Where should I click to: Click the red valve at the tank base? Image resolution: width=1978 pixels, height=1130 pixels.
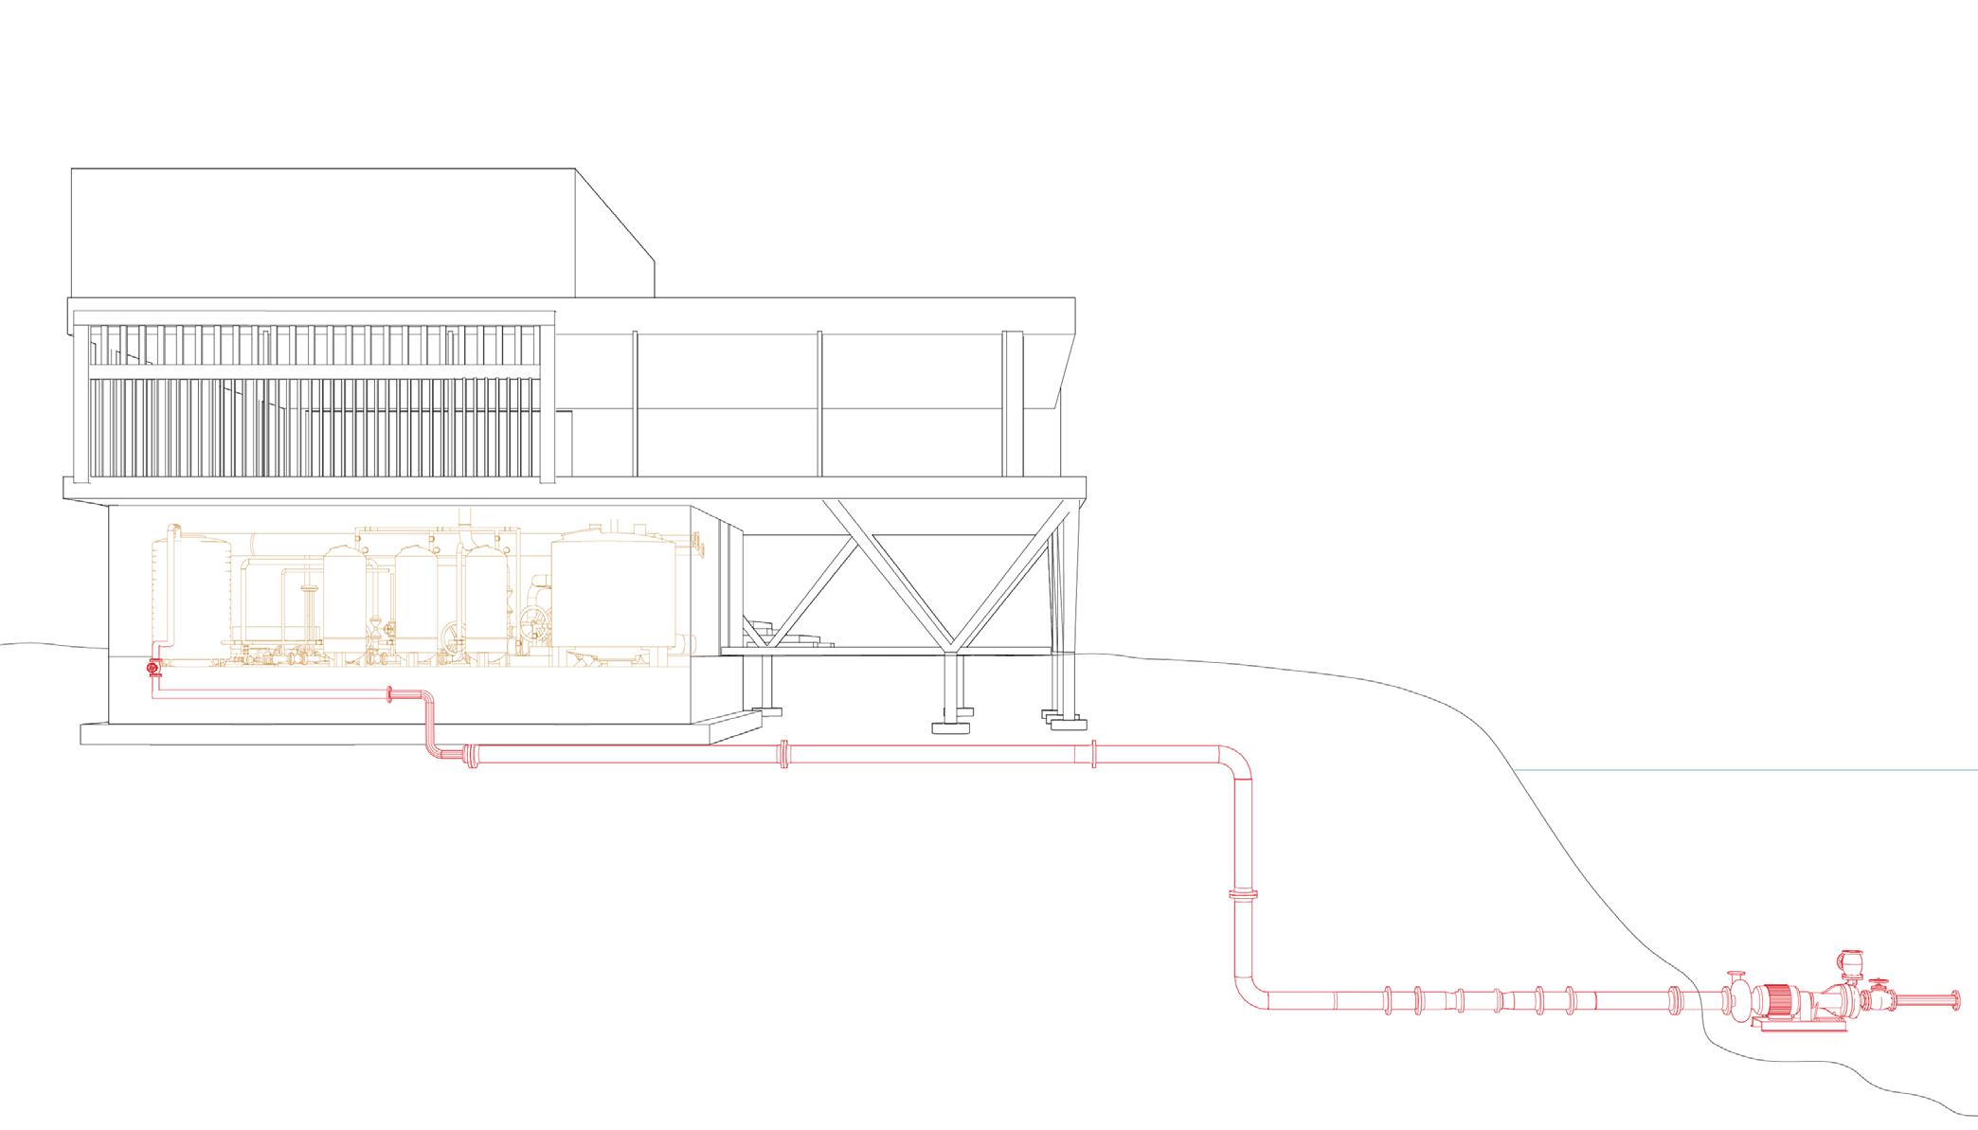[153, 668]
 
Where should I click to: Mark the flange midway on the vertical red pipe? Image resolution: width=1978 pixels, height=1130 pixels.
[1243, 894]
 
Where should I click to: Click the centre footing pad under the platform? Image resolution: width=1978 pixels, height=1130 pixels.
[952, 727]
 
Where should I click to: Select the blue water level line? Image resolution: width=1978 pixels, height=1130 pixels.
[1743, 770]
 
